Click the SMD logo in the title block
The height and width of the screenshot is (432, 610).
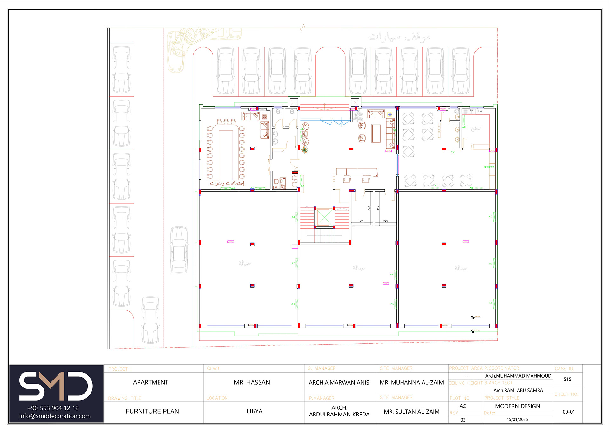click(56, 386)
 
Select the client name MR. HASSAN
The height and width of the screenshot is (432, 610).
click(252, 382)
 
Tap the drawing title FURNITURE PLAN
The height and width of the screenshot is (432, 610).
click(152, 411)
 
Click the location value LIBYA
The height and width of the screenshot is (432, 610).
click(254, 411)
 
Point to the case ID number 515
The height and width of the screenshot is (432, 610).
click(567, 379)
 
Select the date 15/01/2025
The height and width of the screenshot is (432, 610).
click(517, 419)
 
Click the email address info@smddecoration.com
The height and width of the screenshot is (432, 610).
click(55, 416)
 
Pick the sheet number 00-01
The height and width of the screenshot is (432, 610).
click(569, 412)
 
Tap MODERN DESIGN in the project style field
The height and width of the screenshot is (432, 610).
click(517, 406)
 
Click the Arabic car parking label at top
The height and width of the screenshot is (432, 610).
click(399, 37)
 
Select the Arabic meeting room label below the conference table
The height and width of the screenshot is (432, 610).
click(227, 183)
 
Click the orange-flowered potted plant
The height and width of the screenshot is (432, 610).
click(305, 150)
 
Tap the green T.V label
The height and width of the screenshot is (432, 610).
click(453, 152)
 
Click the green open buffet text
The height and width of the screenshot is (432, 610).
click(489, 167)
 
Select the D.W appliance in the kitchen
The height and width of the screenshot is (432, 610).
click(480, 111)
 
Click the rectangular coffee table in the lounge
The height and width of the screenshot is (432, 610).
click(376, 134)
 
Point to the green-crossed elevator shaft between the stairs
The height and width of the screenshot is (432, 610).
click(323, 218)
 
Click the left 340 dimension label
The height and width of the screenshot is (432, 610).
click(369, 208)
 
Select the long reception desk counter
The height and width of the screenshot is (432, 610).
click(357, 171)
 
